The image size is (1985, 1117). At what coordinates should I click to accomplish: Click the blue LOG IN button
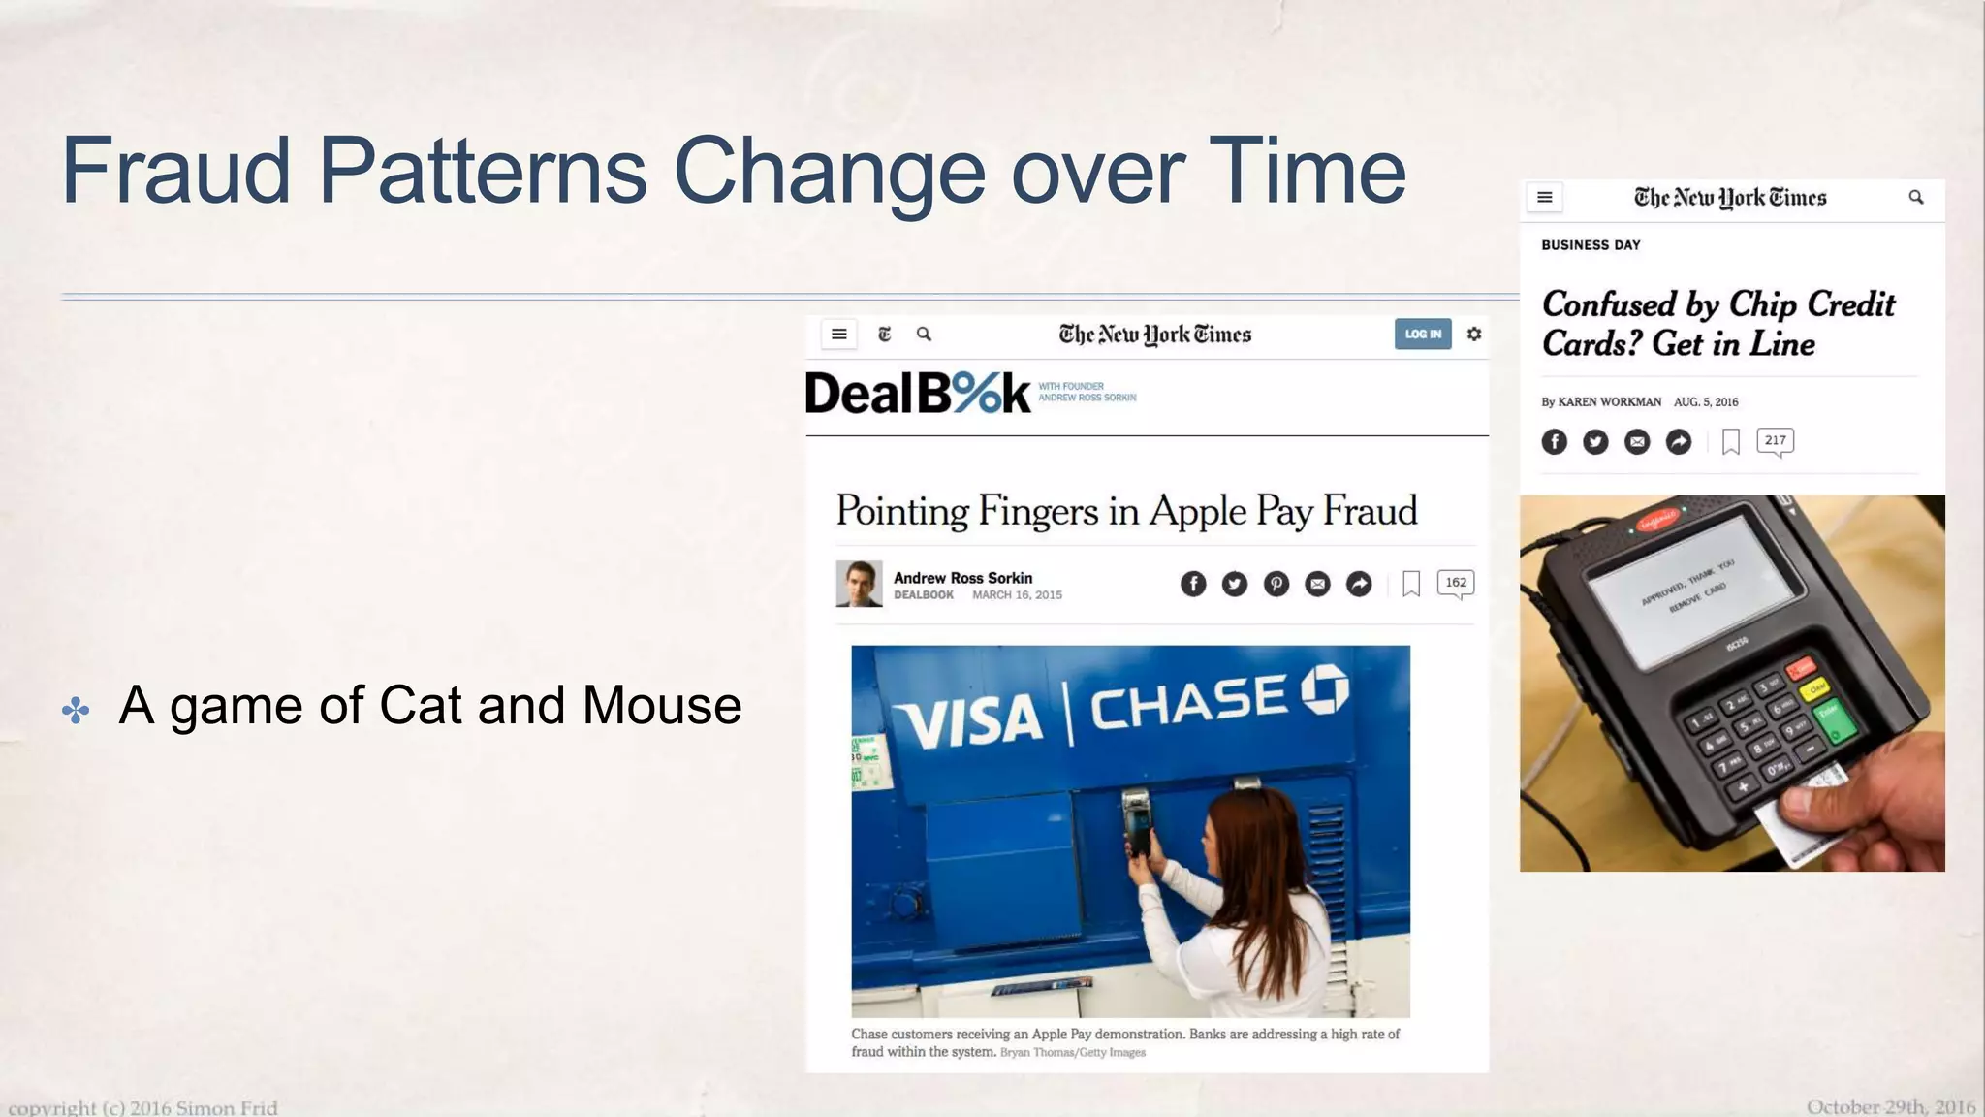[1422, 334]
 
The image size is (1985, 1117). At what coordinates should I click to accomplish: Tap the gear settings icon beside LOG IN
[1473, 334]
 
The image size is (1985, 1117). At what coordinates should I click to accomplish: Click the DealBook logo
[918, 393]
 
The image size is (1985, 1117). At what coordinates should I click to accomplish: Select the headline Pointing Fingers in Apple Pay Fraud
[1125, 511]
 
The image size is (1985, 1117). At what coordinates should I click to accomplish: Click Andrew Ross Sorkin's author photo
[859, 584]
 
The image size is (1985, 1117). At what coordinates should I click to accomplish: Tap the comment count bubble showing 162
[1455, 583]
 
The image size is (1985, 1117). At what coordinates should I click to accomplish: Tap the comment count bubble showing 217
[1774, 441]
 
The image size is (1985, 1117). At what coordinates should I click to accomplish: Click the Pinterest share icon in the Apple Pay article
[1276, 584]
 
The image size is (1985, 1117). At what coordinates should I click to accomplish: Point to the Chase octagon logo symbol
[1324, 689]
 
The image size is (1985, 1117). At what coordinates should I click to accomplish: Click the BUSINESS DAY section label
[1591, 245]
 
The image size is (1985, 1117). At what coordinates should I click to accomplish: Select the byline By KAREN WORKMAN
[1600, 401]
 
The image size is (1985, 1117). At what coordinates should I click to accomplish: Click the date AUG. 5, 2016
[1706, 401]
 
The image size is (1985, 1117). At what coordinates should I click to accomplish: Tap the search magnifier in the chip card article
[1915, 197]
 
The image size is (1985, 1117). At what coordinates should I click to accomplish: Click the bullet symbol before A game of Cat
[76, 710]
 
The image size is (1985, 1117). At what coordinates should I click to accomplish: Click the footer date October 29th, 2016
[1890, 1106]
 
